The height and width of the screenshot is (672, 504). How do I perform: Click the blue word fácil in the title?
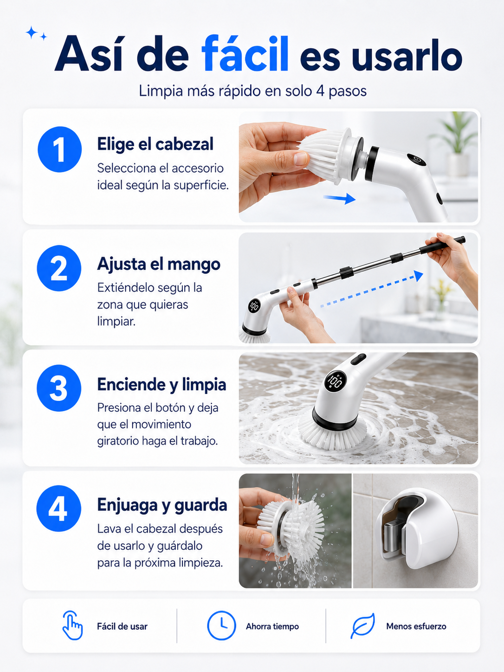pyautogui.click(x=245, y=53)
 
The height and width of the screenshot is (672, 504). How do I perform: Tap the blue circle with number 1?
pyautogui.click(x=60, y=149)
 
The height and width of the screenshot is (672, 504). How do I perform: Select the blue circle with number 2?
pyautogui.click(x=59, y=268)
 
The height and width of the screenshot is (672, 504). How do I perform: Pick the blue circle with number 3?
pyautogui.click(x=59, y=388)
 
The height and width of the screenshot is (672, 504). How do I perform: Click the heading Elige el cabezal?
pyautogui.click(x=155, y=144)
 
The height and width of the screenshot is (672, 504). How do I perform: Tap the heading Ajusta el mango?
pyautogui.click(x=159, y=264)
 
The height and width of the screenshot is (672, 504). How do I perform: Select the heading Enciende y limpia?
pyautogui.click(x=162, y=385)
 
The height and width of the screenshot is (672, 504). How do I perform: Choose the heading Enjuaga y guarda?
pyautogui.click(x=162, y=505)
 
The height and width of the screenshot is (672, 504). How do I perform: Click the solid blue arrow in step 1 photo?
pyautogui.click(x=340, y=198)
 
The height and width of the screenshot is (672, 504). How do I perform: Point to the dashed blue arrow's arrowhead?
pyautogui.click(x=418, y=275)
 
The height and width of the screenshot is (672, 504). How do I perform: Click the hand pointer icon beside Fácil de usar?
pyautogui.click(x=72, y=626)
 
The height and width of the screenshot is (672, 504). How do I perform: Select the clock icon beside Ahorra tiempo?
pyautogui.click(x=221, y=626)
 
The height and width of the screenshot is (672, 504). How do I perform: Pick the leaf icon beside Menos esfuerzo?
pyautogui.click(x=363, y=626)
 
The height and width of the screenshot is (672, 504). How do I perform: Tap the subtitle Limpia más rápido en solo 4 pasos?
pyautogui.click(x=253, y=91)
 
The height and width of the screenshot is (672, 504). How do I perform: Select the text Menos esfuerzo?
pyautogui.click(x=416, y=626)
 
